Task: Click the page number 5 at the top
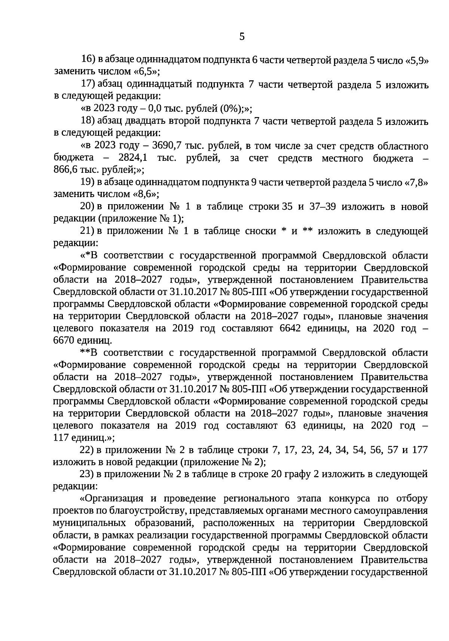[x=241, y=36]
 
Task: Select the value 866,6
[x=64, y=170]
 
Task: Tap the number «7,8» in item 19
[x=416, y=183]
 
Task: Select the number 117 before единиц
[x=61, y=438]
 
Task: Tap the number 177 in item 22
[x=419, y=450]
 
